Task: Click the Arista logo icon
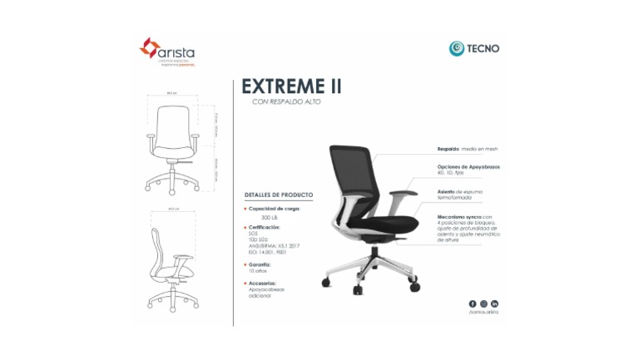[x=147, y=48]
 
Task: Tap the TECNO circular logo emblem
[x=456, y=48]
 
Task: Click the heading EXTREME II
[x=290, y=86]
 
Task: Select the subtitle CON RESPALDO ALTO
[x=285, y=102]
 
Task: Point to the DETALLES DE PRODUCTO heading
[x=279, y=195]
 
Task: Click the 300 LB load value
[x=270, y=217]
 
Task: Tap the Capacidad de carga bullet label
[x=274, y=208]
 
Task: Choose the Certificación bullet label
[x=269, y=226]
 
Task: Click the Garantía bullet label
[x=263, y=264]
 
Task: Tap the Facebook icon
[x=473, y=304]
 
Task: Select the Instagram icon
[x=483, y=304]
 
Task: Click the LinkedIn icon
[x=494, y=304]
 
